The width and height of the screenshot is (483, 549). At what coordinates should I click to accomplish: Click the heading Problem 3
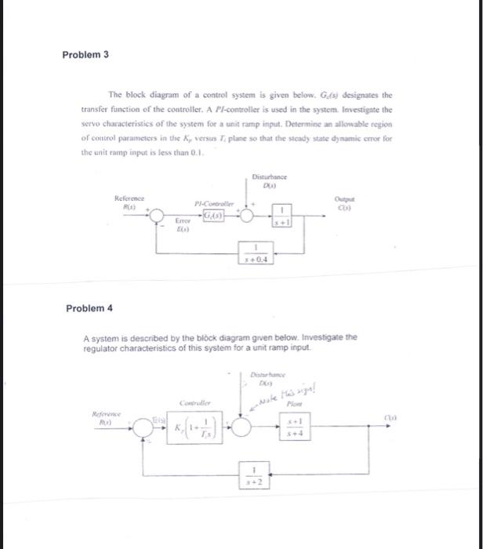(86, 55)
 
